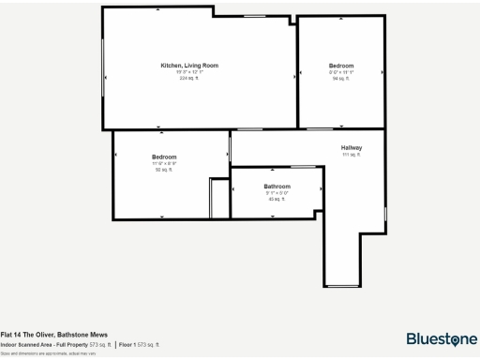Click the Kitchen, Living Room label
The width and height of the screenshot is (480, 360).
189,66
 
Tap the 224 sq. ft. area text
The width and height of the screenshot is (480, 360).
189,78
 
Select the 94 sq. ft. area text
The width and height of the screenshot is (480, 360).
340,79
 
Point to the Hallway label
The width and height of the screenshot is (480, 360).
352,148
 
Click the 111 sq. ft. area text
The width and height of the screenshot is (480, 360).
352,156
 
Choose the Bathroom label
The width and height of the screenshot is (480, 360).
277,187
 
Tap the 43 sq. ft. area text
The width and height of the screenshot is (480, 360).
277,199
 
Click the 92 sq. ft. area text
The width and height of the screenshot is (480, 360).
164,170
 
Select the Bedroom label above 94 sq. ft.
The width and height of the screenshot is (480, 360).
340,66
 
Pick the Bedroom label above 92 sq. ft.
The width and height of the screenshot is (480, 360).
164,157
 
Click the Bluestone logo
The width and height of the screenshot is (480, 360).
440,338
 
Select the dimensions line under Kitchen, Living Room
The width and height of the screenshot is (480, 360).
189,71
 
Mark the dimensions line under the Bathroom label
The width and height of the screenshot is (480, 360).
277,193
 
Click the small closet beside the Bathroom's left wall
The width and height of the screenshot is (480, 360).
219,198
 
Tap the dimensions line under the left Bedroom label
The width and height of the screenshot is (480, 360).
164,163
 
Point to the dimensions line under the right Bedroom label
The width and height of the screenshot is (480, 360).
340,72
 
